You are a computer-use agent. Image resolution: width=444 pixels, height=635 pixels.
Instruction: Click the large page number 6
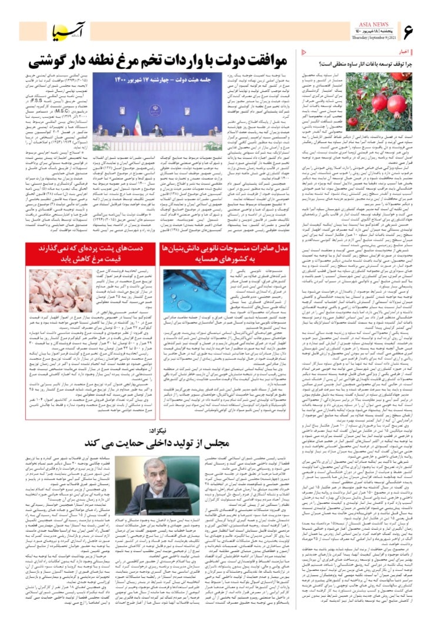tap(409, 28)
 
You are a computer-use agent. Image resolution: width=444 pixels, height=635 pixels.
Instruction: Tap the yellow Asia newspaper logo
tap(63, 30)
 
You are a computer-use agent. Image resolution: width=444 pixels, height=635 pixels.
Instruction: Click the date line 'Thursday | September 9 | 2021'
tap(365, 36)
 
